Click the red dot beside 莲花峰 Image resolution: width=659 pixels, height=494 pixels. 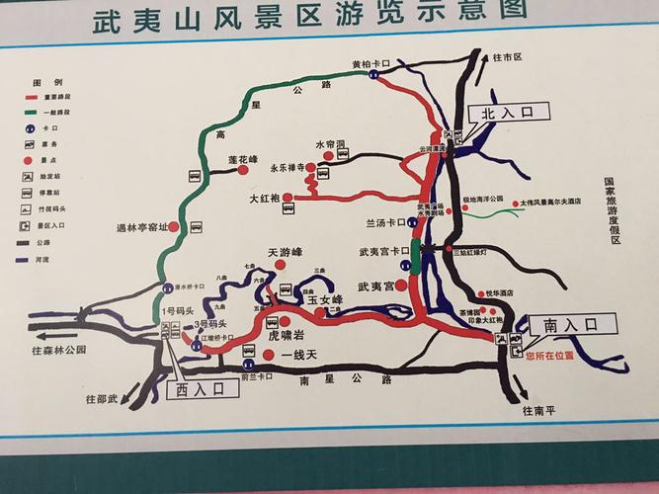[x=242, y=170]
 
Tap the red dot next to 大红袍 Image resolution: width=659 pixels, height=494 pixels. [x=288, y=198]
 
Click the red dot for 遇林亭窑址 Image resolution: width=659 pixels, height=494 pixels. [x=174, y=226]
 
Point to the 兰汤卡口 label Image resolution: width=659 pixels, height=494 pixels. [x=386, y=221]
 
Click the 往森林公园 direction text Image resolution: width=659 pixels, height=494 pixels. [x=58, y=351]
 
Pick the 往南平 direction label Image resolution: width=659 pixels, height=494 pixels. [x=540, y=410]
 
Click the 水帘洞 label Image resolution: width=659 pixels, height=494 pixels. [x=330, y=144]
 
